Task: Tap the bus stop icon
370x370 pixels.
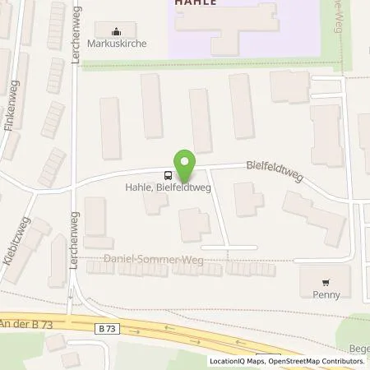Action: pyautogui.click(x=168, y=174)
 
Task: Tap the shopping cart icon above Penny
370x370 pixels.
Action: pyautogui.click(x=327, y=280)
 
